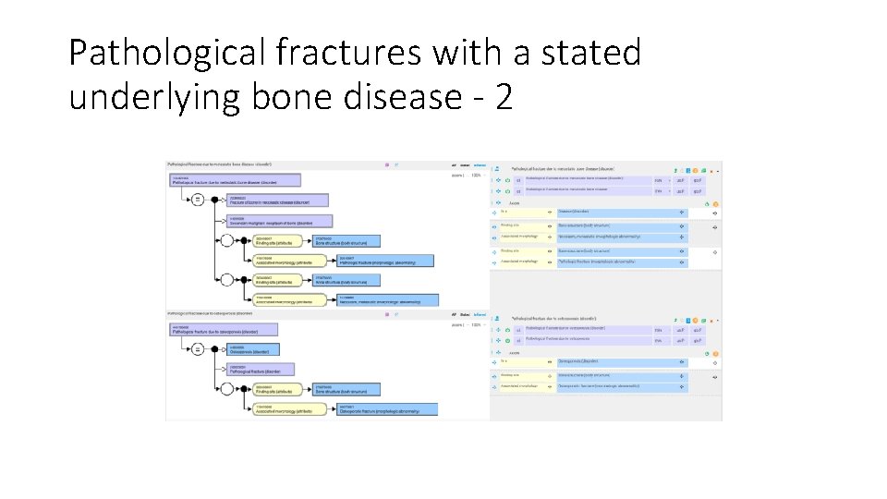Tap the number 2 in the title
[x=504, y=96]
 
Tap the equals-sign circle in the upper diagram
[x=197, y=200]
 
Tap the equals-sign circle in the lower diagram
[x=197, y=349]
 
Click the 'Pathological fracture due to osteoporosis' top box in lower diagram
[x=223, y=329]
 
